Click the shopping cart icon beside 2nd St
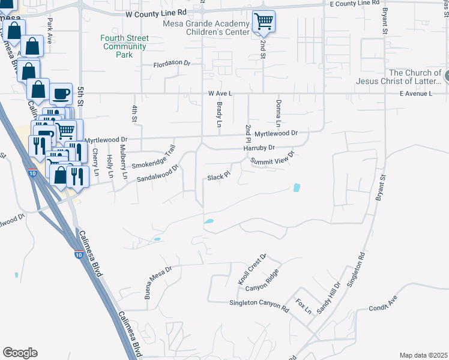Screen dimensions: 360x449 point(264,22)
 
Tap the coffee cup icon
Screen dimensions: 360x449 point(61,94)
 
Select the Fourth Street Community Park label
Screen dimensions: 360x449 point(124,46)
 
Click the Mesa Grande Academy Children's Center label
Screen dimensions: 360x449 point(205,28)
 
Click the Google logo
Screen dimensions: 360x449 point(20,353)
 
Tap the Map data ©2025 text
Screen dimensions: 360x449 point(423,355)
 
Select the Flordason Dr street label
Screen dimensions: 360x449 point(171,63)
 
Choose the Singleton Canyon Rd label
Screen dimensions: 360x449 point(259,304)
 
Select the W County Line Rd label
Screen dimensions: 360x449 point(156,12)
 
